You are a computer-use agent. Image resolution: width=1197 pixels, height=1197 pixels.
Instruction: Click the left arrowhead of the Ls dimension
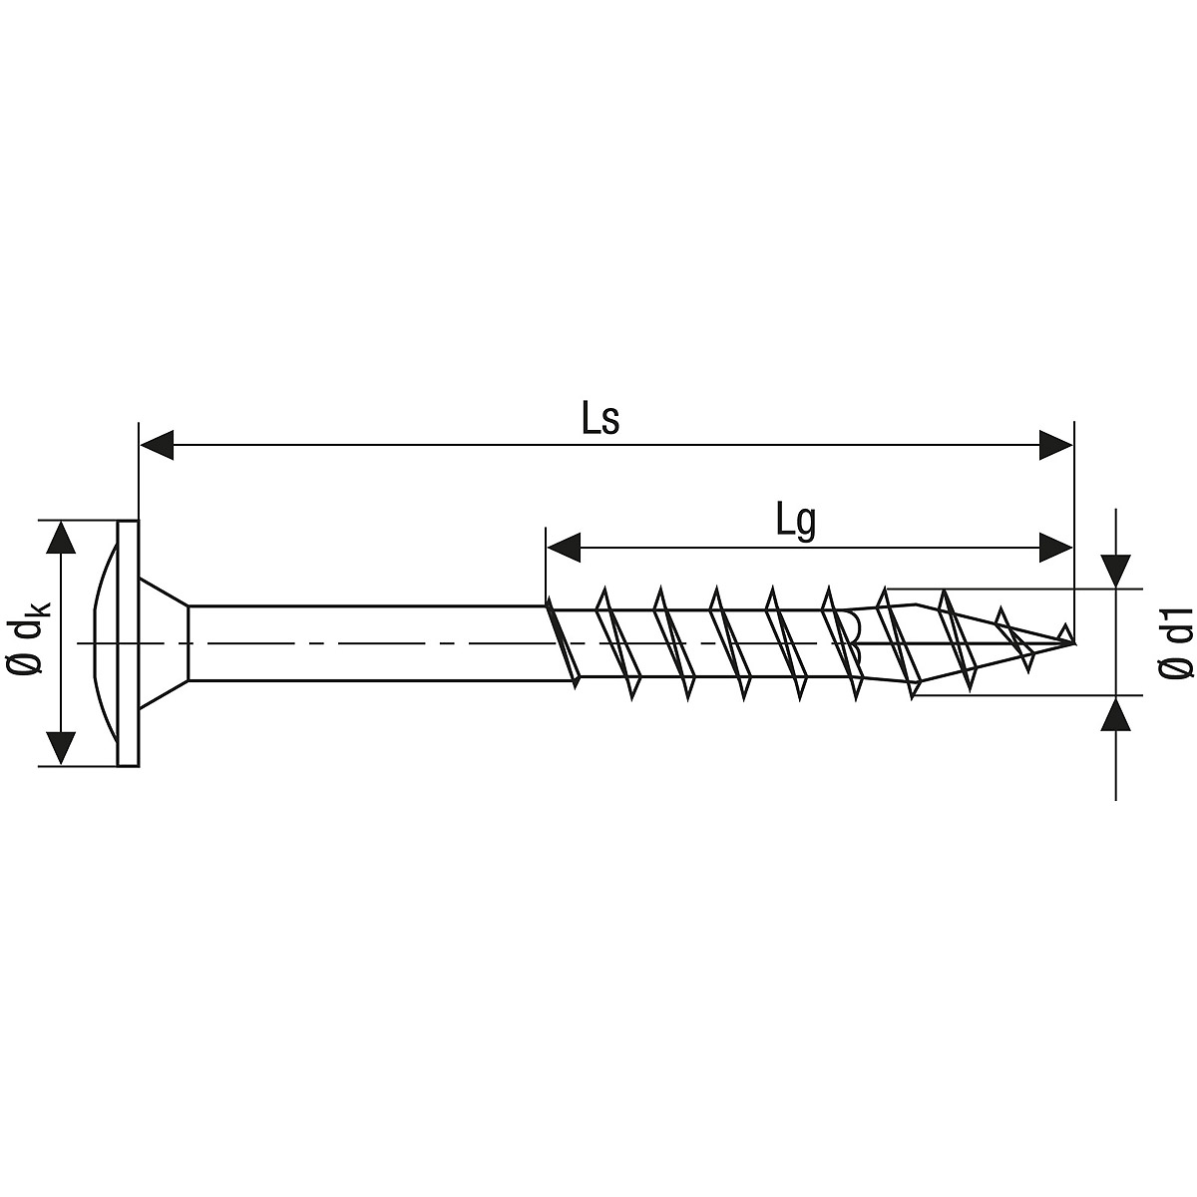coord(157,445)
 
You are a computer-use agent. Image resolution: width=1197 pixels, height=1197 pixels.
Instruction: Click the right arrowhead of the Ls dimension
coord(1056,445)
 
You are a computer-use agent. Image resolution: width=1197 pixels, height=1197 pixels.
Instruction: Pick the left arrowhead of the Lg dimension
coord(563,548)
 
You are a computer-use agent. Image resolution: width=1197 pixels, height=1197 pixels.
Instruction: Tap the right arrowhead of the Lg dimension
coord(1056,548)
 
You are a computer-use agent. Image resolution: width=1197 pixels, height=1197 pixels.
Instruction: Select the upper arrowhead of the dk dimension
coord(61,537)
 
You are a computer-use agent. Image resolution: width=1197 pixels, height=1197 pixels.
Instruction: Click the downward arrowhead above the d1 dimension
coord(1115,571)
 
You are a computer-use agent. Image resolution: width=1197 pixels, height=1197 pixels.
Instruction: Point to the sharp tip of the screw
coord(1072,643)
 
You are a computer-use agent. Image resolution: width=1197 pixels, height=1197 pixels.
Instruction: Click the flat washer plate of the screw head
coord(128,643)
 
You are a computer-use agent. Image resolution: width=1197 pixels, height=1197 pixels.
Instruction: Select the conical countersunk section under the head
coord(164,643)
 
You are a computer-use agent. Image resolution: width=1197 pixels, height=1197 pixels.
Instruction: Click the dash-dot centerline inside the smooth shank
coord(366,643)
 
